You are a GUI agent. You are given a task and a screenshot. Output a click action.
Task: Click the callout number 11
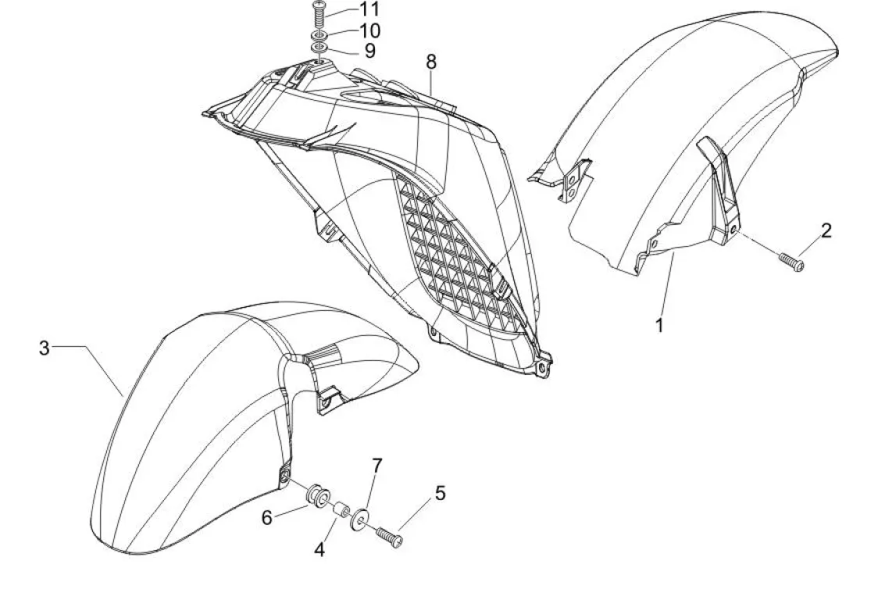(x=369, y=9)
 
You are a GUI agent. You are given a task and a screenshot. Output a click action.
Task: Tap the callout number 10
(x=369, y=31)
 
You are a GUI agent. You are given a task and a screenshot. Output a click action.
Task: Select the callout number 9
(x=369, y=52)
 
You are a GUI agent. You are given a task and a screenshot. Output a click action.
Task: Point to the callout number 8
(x=431, y=61)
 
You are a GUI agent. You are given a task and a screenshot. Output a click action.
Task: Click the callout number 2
(x=826, y=230)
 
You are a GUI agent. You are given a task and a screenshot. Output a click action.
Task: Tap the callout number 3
(x=45, y=347)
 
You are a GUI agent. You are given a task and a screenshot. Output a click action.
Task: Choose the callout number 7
(x=377, y=466)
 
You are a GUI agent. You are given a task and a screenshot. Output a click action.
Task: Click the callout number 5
(x=441, y=493)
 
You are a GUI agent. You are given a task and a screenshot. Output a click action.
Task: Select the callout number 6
(x=267, y=517)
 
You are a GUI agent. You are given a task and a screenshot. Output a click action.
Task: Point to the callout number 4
(x=319, y=549)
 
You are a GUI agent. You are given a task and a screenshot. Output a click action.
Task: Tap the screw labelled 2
(x=792, y=262)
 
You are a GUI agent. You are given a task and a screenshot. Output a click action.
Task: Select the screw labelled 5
(x=388, y=537)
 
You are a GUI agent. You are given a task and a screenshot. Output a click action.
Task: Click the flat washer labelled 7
(x=361, y=520)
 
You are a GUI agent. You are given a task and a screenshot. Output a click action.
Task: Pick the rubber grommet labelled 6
(x=318, y=495)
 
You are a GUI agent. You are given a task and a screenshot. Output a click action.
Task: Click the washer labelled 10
(x=319, y=36)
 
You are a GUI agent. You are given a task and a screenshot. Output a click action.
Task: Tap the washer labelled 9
(x=319, y=49)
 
